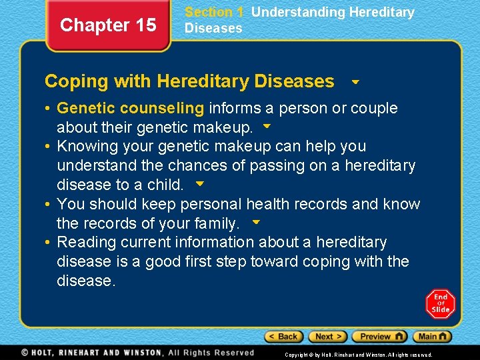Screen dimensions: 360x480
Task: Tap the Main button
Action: click(432, 337)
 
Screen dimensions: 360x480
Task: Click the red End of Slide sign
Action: click(440, 304)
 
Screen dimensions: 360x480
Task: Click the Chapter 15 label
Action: click(108, 25)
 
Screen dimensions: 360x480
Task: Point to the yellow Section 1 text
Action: click(214, 12)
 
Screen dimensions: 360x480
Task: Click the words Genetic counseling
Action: click(131, 108)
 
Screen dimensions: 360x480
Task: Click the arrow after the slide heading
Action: click(355, 83)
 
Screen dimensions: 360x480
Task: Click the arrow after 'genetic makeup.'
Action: click(267, 125)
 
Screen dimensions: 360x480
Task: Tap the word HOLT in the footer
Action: click(47, 353)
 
